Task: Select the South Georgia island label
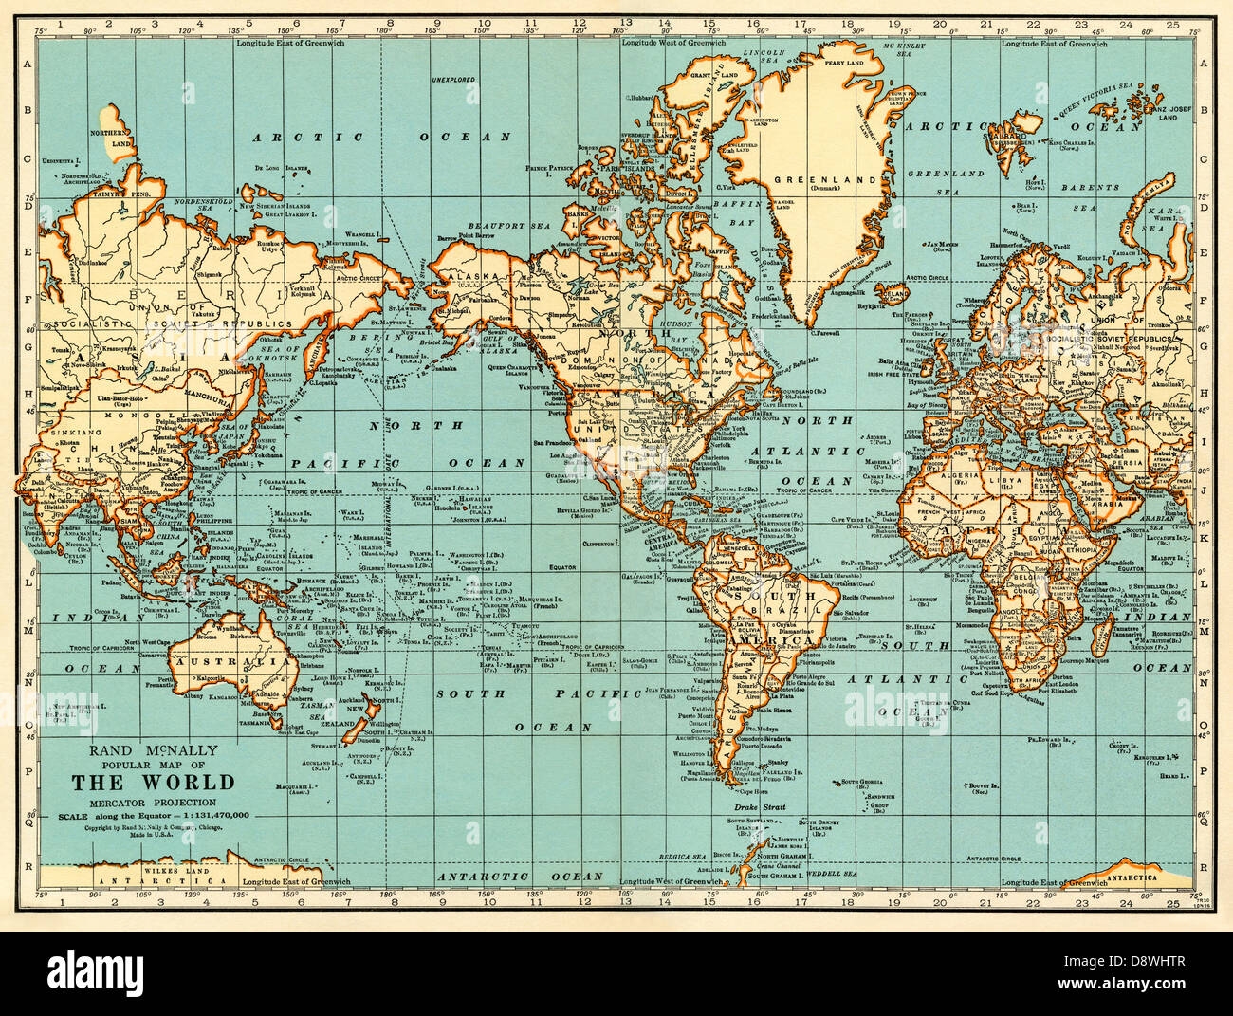coord(856,783)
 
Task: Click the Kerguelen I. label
coord(1158,758)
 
